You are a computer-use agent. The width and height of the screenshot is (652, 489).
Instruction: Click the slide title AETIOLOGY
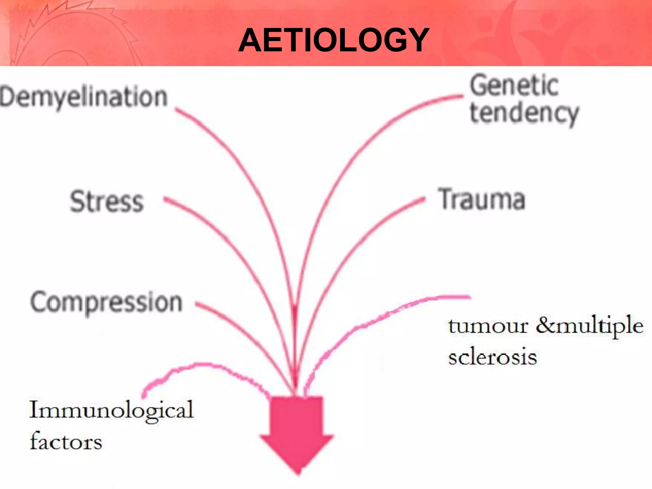click(x=334, y=40)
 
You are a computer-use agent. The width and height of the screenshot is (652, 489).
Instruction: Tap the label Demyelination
click(x=84, y=97)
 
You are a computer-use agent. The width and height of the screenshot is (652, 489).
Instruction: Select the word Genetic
click(x=514, y=85)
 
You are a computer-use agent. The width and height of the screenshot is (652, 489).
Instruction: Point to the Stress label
click(x=107, y=201)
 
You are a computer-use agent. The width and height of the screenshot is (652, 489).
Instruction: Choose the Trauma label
click(x=481, y=199)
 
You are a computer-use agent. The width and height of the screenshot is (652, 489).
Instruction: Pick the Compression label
click(x=106, y=302)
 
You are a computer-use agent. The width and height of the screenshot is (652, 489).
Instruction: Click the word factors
click(x=66, y=442)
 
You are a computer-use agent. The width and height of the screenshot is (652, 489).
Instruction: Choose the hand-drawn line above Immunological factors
click(x=204, y=365)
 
